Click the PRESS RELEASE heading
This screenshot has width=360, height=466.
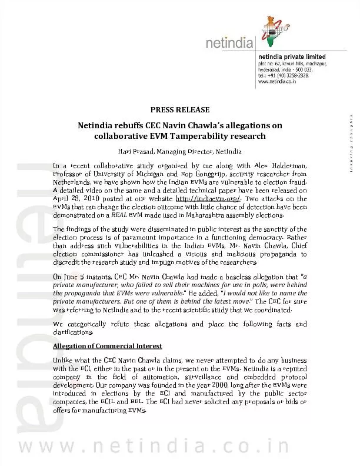click(180, 110)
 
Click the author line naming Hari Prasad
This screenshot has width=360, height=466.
click(180, 152)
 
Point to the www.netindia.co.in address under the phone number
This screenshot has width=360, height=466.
click(279, 82)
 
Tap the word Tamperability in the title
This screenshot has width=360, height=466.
click(178, 136)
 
